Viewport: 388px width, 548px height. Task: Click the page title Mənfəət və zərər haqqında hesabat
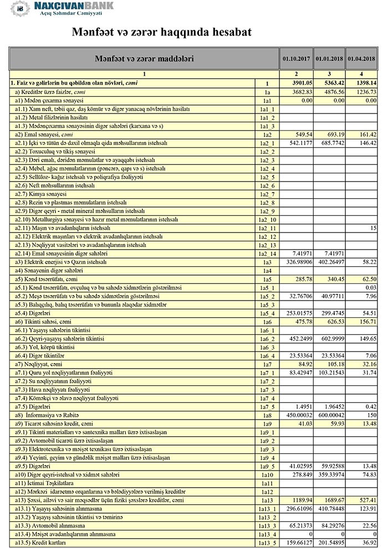pyautogui.click(x=161, y=33)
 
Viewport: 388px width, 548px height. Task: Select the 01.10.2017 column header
pyautogui.click(x=295, y=58)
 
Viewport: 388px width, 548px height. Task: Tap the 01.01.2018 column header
pyautogui.click(x=329, y=58)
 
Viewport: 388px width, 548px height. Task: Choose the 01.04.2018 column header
pyautogui.click(x=363, y=58)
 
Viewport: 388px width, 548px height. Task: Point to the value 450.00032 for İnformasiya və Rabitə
pyautogui.click(x=294, y=415)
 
